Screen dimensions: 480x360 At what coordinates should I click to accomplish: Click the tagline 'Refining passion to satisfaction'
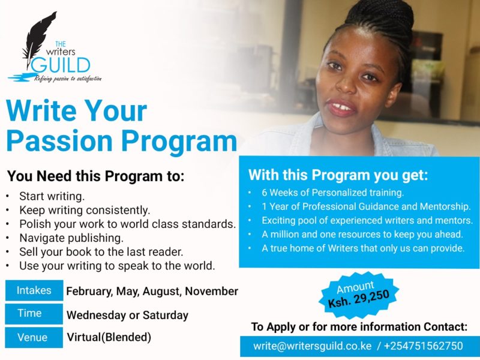68,79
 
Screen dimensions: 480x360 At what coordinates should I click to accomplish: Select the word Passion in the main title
59,141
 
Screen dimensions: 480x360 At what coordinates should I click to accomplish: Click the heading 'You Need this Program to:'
95,176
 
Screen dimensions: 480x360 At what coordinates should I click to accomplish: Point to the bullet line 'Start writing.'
52,196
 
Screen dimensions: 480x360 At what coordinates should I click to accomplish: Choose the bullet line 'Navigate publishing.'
71,238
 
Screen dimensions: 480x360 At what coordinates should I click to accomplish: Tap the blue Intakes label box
34,290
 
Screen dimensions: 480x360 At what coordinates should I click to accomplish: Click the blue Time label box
34,313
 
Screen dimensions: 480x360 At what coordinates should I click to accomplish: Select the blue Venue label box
34,337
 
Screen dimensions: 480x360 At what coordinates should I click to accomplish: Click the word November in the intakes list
212,291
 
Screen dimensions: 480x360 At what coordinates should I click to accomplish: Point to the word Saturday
166,315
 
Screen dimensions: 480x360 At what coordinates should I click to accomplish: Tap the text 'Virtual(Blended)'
109,337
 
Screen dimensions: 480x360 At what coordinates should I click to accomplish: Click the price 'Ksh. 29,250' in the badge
358,298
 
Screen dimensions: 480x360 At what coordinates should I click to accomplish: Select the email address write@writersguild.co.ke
312,346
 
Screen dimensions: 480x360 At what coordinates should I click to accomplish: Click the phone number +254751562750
424,346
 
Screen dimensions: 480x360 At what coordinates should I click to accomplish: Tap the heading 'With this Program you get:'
338,175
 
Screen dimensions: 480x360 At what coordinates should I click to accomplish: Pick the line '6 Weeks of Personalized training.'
333,193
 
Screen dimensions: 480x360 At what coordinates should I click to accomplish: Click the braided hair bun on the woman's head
383,14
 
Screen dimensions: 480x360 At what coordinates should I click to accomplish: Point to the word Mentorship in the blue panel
445,206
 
